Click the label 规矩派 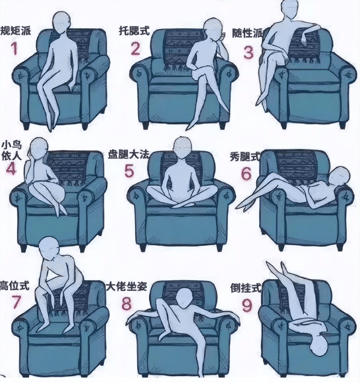pyautogui.click(x=16, y=31)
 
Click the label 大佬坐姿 pyautogui.click(x=127, y=287)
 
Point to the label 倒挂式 pyautogui.click(x=245, y=288)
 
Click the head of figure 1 pyautogui.click(x=62, y=22)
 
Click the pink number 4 pyautogui.click(x=11, y=168)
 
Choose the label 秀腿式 pyautogui.click(x=245, y=156)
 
